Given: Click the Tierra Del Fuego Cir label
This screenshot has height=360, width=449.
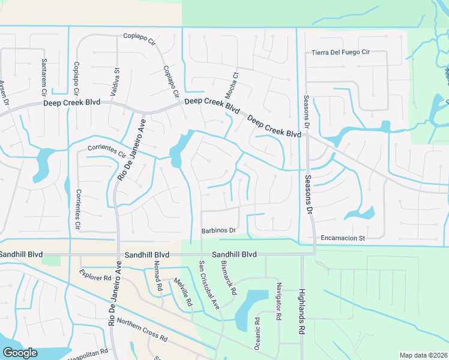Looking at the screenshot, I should (340, 52).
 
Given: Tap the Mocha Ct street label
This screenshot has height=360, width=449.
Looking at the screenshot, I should (231, 85).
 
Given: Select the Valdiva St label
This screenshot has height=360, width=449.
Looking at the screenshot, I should (116, 78).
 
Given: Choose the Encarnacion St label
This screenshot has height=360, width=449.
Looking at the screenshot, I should (343, 238).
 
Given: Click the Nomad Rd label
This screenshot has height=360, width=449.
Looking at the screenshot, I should (157, 275).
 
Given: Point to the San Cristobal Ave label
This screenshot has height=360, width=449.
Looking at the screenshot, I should (209, 285).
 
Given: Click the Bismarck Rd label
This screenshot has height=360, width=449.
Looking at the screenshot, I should (229, 277).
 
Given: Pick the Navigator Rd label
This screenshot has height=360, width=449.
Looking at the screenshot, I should (278, 302).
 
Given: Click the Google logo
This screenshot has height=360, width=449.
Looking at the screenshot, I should (20, 353).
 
